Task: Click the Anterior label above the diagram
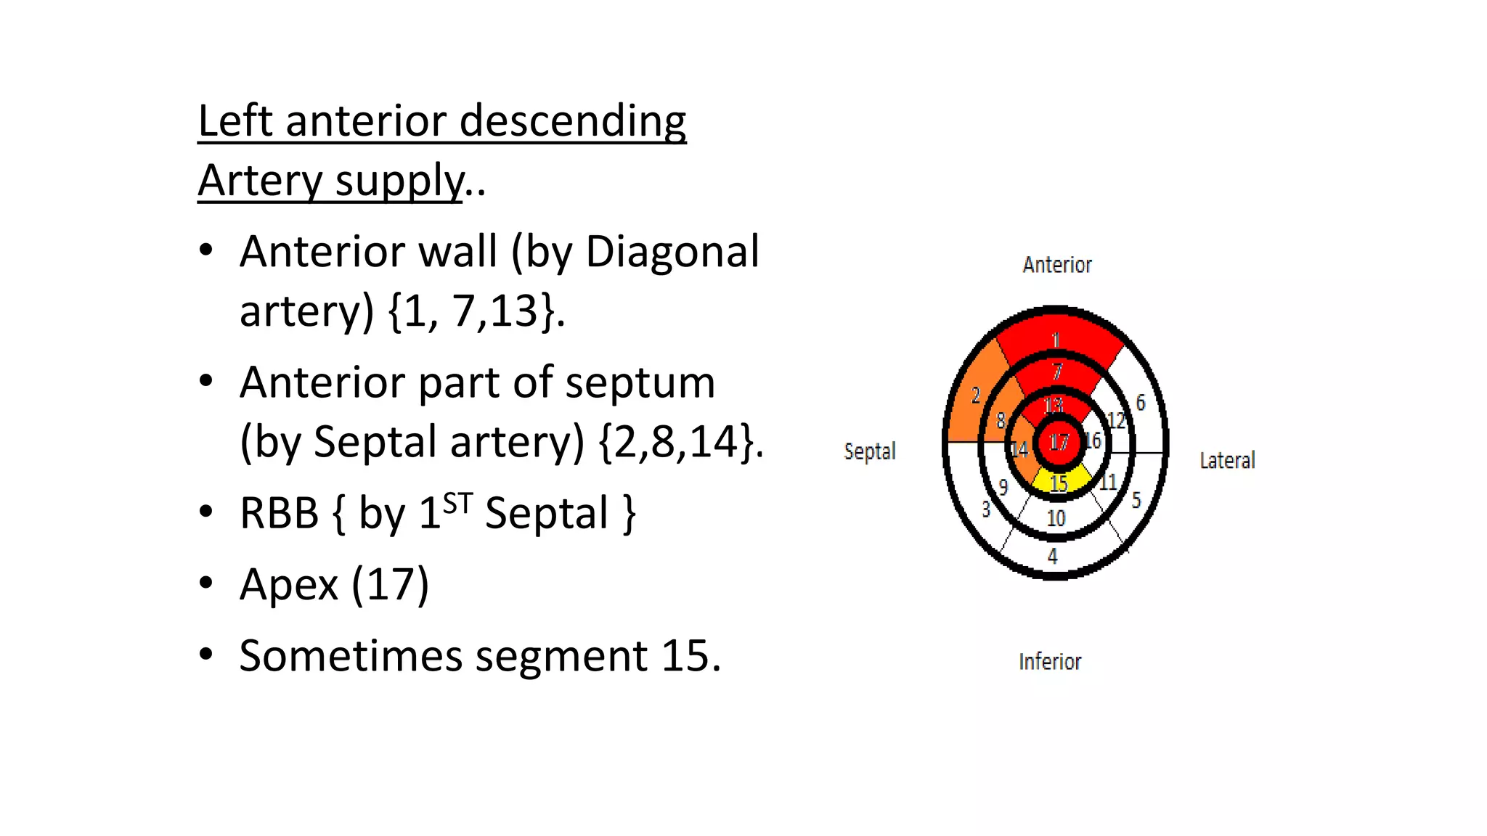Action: coord(1056,265)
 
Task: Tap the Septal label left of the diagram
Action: coord(869,451)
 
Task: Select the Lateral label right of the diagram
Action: coord(1226,460)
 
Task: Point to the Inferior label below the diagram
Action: coord(1049,662)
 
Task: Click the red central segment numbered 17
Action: coord(1059,442)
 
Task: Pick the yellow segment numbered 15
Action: coord(1059,482)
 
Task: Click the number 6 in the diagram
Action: coord(1141,403)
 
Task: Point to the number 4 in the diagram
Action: coord(1053,557)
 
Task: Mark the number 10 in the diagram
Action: coord(1056,518)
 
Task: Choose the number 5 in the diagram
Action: coord(1136,499)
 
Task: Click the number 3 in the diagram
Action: coord(985,509)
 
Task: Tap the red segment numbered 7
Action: coord(1058,372)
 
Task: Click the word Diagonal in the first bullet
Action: coord(672,252)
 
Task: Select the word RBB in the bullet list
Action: coord(279,513)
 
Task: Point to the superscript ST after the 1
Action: coord(457,502)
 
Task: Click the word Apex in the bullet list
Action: coord(289,584)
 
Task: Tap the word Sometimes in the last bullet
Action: coord(351,656)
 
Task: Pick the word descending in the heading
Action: coord(572,120)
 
